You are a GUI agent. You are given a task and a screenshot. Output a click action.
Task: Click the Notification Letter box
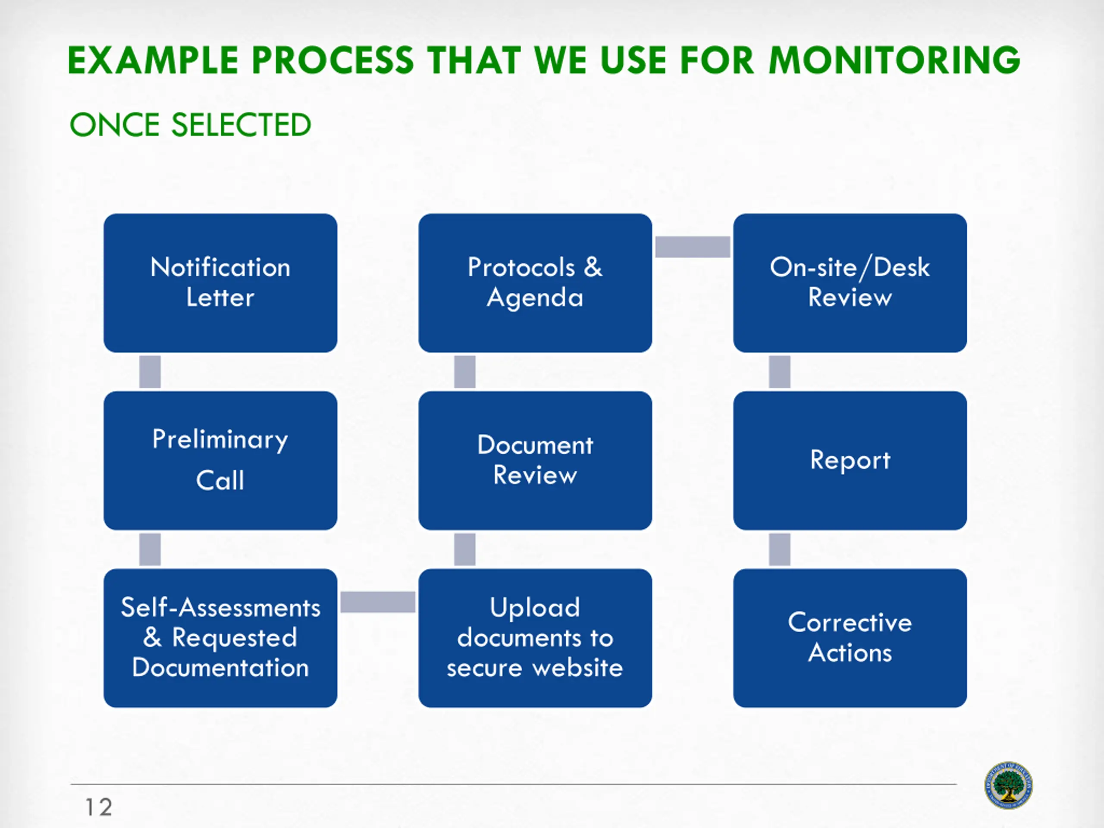click(x=220, y=283)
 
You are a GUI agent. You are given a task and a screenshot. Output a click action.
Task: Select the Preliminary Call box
click(x=220, y=460)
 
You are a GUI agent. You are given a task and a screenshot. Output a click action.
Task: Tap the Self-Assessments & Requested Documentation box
click(x=220, y=638)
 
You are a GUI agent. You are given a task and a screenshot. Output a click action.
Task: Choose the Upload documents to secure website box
click(x=535, y=638)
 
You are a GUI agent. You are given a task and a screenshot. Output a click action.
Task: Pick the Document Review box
click(x=535, y=460)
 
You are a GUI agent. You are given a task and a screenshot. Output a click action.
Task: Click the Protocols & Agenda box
click(x=535, y=283)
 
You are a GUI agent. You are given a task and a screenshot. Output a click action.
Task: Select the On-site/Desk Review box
click(x=850, y=283)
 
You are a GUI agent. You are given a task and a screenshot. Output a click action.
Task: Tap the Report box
click(x=850, y=460)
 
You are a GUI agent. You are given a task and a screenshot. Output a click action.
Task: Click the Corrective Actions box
click(x=850, y=638)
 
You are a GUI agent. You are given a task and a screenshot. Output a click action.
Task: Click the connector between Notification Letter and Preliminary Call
click(x=150, y=372)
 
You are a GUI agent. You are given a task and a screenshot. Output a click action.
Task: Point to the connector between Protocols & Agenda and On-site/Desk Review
click(x=693, y=247)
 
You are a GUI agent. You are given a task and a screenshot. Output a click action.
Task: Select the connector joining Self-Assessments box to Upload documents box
click(x=378, y=602)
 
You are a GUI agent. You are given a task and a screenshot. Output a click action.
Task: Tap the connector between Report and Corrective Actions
click(x=780, y=549)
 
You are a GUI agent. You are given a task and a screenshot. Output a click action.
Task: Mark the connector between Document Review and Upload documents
click(x=464, y=549)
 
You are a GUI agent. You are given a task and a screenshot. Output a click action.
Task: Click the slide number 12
click(x=99, y=807)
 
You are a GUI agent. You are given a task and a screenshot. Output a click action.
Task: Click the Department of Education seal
click(x=1008, y=786)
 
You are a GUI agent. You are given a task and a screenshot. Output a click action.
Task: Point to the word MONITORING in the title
click(x=894, y=60)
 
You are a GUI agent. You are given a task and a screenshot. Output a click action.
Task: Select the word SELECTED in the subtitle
click(x=241, y=125)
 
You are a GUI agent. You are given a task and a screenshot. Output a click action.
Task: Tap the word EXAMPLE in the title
click(x=153, y=60)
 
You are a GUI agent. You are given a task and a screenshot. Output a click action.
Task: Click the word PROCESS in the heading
click(x=333, y=60)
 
